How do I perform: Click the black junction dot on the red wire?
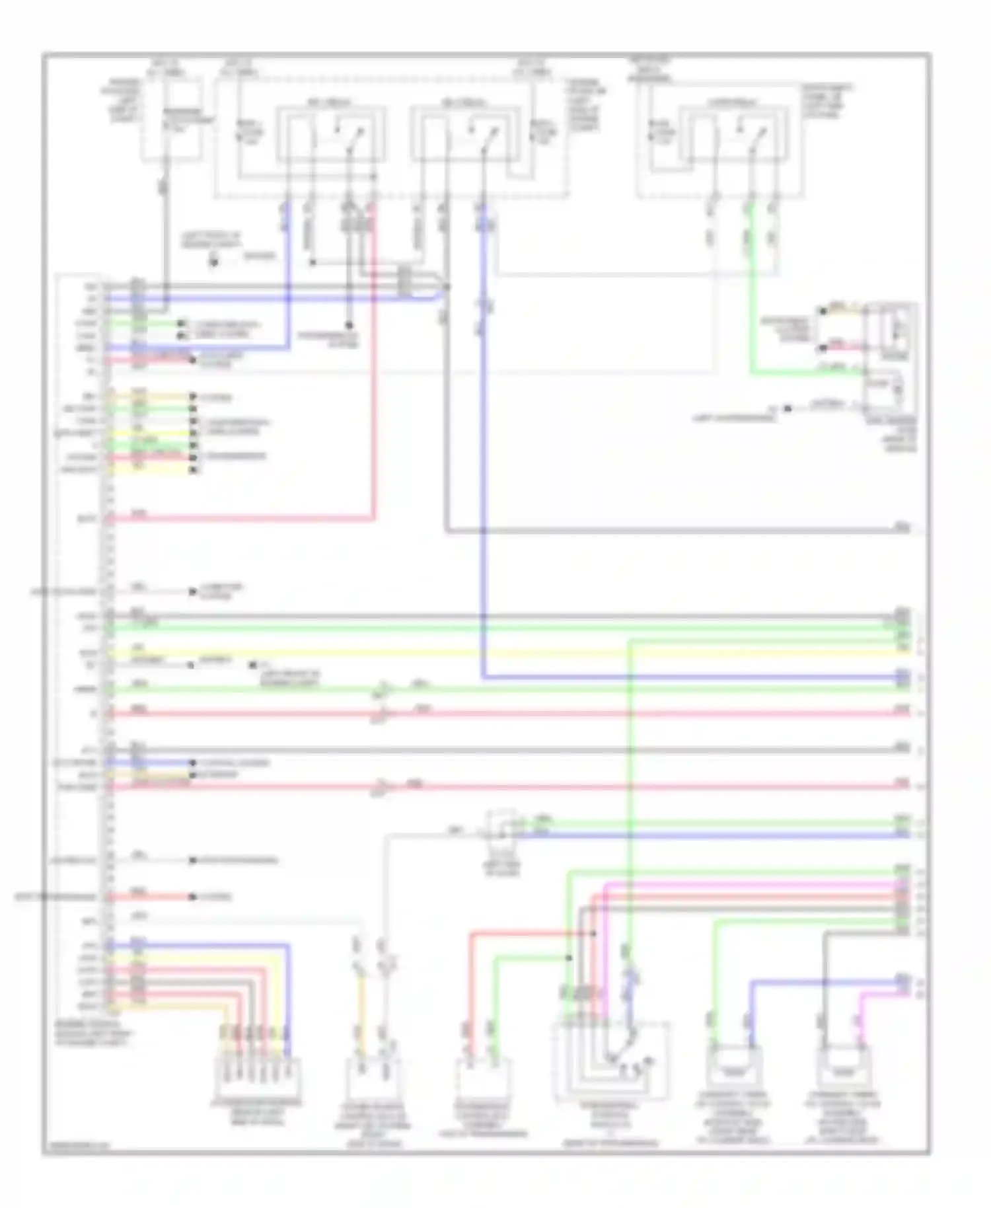pos(593,934)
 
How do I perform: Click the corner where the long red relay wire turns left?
pos(373,519)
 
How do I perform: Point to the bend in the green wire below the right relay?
pos(752,374)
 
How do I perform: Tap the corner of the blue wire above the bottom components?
pos(751,983)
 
